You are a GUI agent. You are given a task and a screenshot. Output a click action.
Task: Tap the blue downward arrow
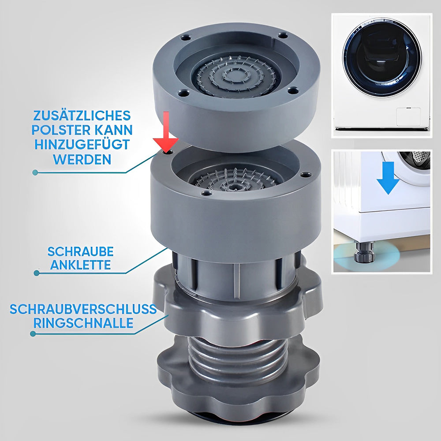coord(388,178)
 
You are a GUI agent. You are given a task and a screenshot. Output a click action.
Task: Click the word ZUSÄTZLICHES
coord(82,116)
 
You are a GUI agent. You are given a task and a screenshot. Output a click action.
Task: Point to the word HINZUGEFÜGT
coord(82,145)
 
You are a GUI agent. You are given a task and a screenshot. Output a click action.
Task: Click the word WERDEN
coord(82,160)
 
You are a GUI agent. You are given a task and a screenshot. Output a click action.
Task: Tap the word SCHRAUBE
coord(80,251)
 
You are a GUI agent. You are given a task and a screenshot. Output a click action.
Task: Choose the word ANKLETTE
coord(80,265)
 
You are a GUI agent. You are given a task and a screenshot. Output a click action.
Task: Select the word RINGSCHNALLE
coord(83,323)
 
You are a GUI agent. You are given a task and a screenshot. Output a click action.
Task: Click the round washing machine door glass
coord(382,58)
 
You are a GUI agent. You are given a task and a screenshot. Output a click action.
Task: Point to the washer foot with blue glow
coord(365,253)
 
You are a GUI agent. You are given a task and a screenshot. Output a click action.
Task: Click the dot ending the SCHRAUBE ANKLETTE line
coord(36,273)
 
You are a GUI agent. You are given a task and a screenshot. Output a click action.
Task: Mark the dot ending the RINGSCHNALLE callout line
coord(33,334)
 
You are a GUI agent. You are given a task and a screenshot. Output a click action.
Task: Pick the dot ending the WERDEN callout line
coord(35,172)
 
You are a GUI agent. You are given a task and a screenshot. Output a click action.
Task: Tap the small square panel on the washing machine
coord(408,116)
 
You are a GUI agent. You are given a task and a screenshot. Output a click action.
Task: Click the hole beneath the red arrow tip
coord(168,152)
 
